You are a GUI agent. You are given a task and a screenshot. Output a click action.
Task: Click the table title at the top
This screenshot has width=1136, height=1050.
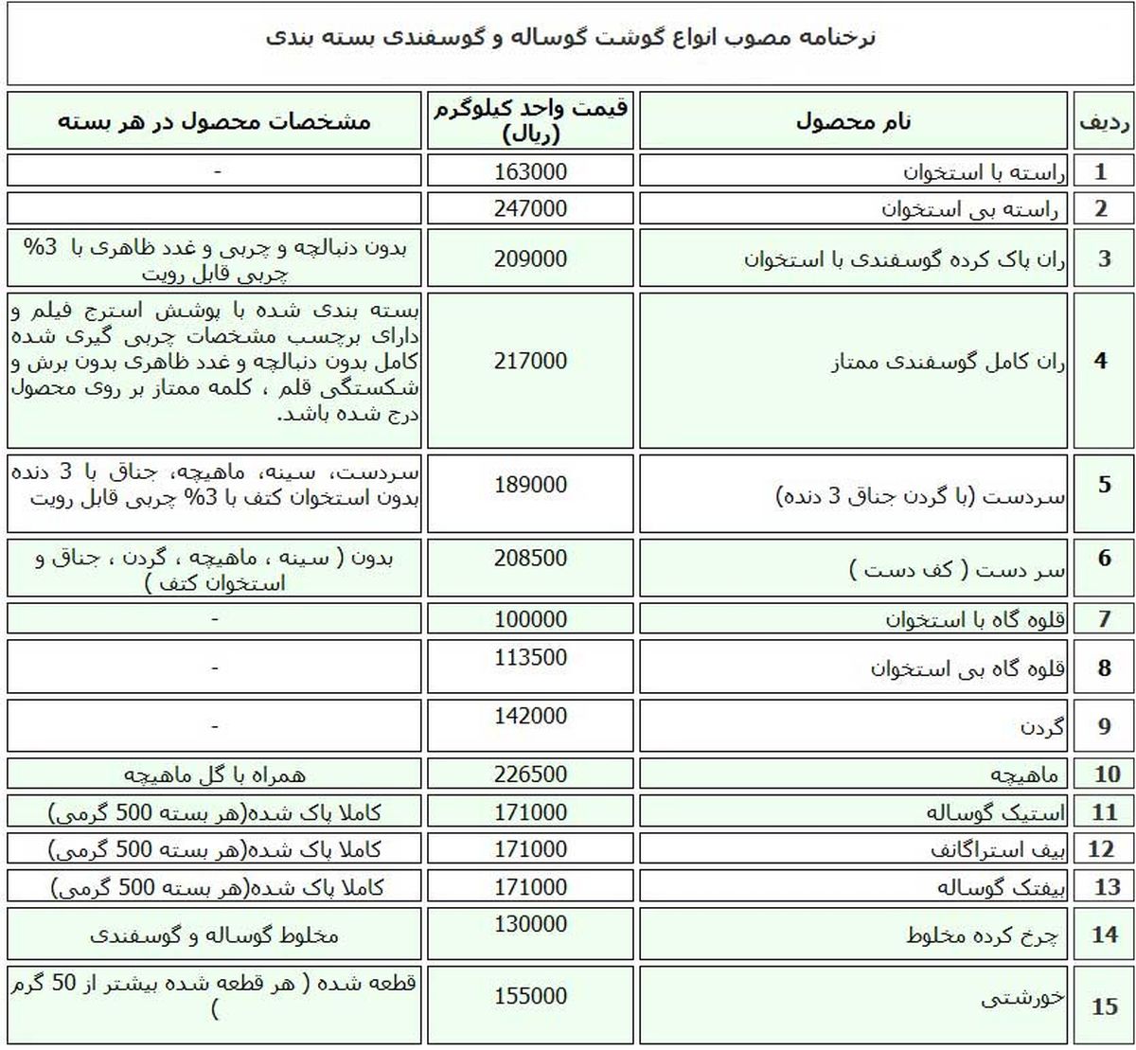(570, 39)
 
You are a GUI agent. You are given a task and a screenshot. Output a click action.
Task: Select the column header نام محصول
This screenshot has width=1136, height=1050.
(853, 121)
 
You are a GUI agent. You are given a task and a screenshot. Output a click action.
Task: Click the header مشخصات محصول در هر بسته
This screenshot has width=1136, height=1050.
(214, 121)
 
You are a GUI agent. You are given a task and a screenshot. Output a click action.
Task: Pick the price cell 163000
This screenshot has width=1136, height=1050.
(530, 171)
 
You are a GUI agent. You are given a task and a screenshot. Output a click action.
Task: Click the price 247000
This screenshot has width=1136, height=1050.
(530, 208)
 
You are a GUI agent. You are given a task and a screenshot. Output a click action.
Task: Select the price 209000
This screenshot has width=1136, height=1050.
(530, 258)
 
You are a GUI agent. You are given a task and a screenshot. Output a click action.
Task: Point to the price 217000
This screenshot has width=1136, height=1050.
(530, 361)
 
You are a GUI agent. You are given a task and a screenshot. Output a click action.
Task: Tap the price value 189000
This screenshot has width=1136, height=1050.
(530, 485)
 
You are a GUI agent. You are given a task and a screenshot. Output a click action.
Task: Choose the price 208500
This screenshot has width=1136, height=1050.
(530, 558)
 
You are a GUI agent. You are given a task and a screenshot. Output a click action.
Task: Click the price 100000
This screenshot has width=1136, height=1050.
(530, 619)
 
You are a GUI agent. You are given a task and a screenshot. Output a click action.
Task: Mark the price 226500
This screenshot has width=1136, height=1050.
(530, 774)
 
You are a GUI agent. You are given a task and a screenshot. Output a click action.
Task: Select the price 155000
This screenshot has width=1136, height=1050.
(530, 996)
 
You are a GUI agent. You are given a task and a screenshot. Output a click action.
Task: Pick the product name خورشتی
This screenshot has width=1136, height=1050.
(1022, 998)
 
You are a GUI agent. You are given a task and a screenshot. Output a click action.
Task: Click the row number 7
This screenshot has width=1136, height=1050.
(1104, 620)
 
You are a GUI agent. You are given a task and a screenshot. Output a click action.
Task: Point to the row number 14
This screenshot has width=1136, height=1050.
(1104, 934)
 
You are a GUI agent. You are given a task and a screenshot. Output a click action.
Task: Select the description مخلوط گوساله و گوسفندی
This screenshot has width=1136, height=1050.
(214, 935)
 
